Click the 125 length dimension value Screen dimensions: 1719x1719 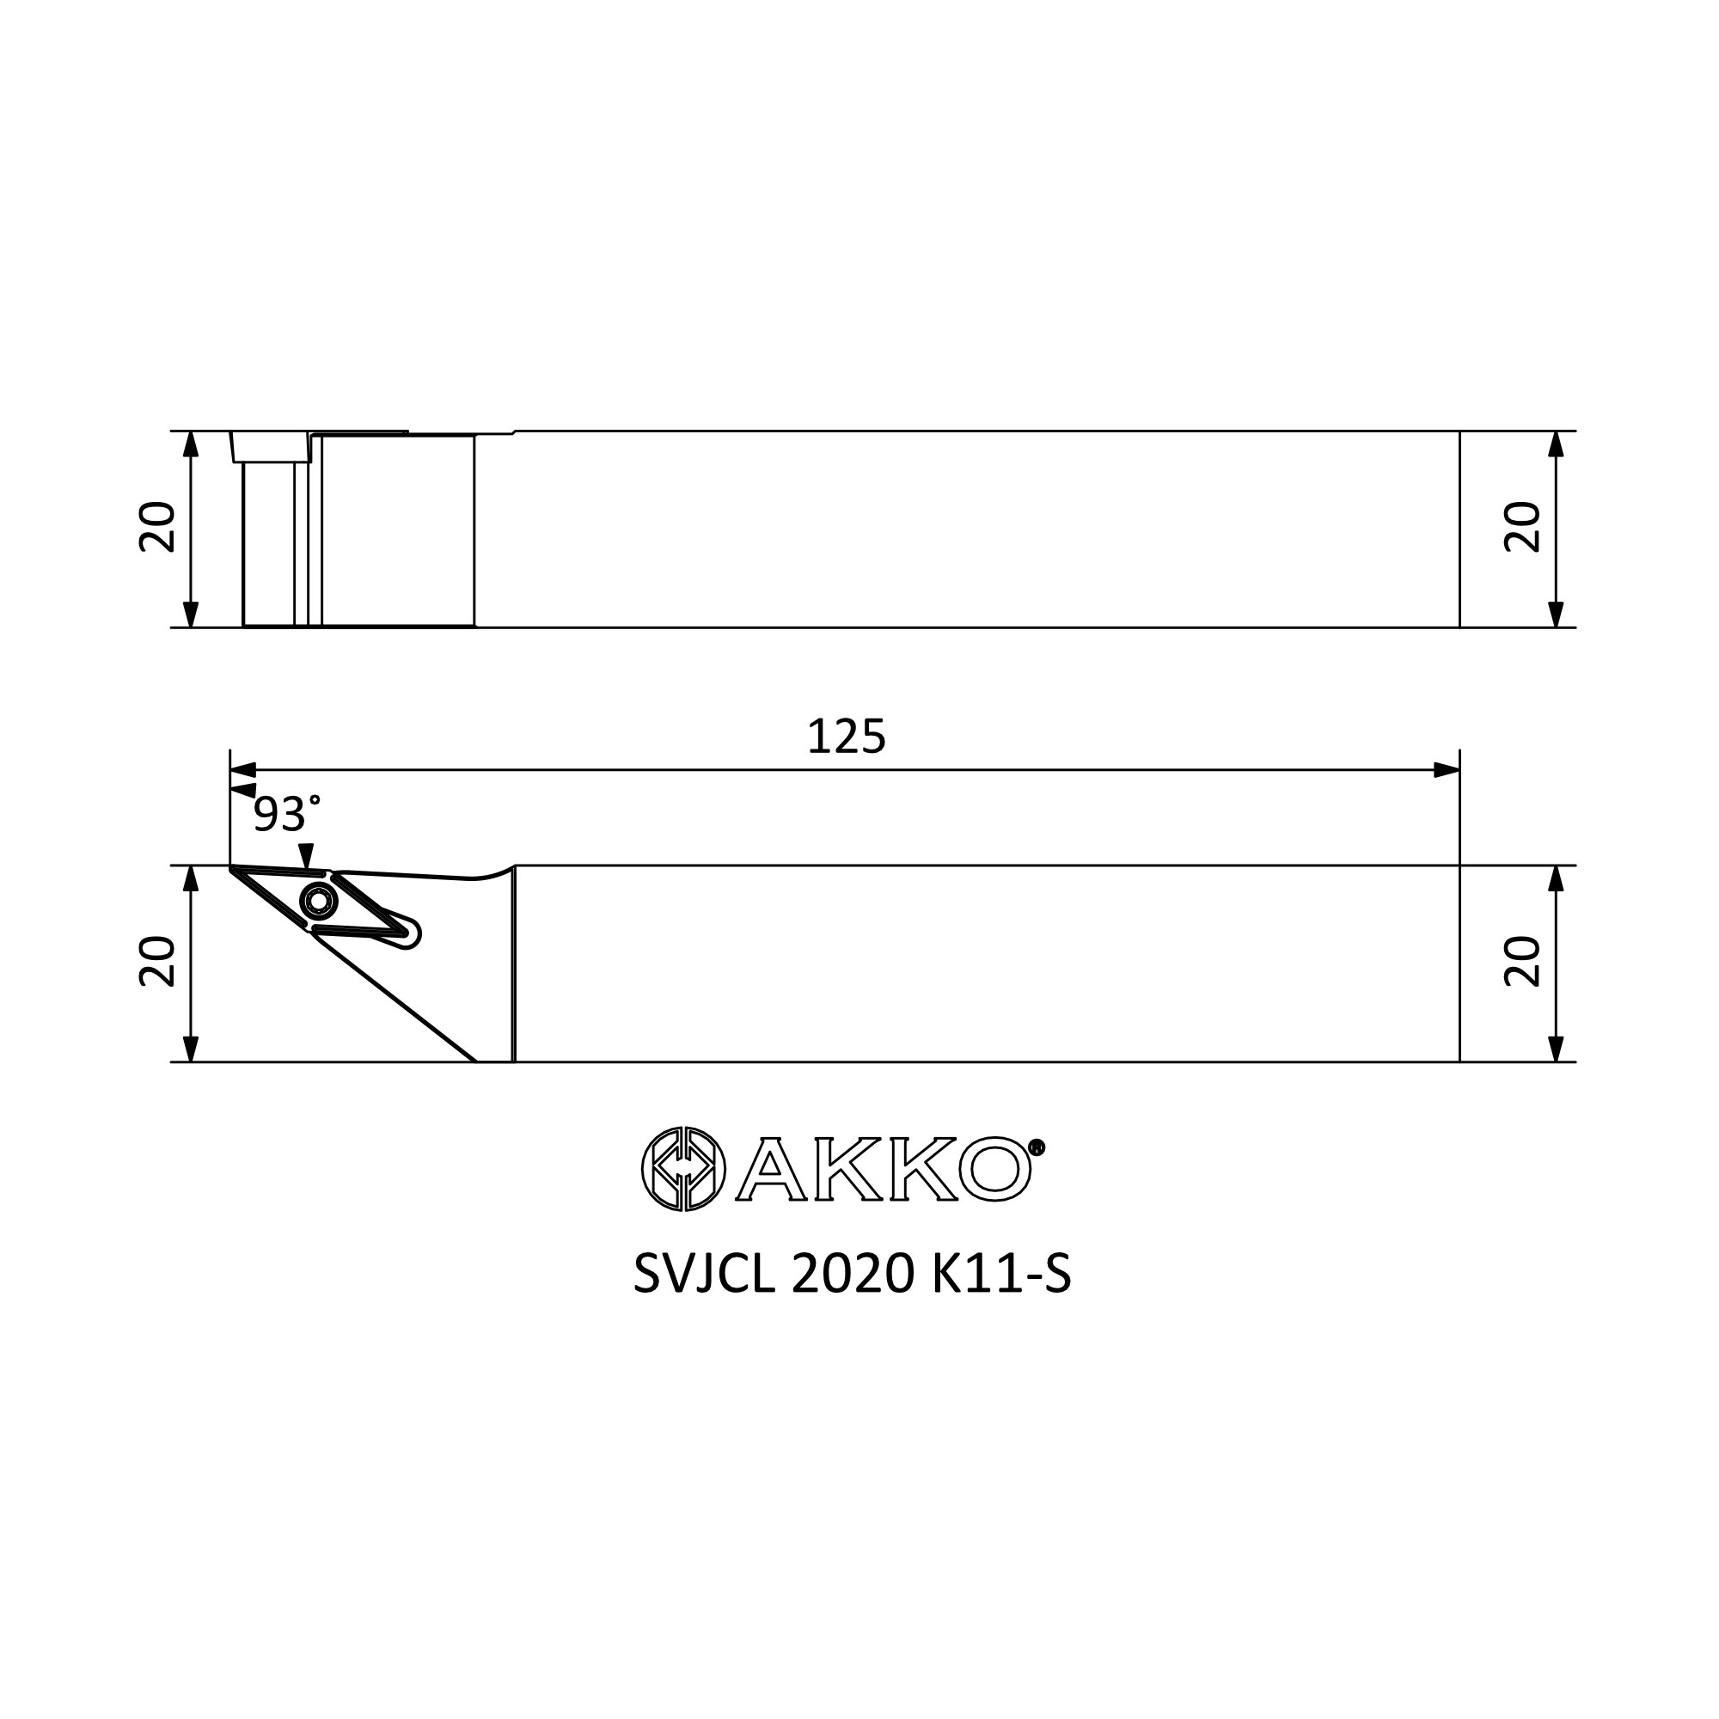click(x=846, y=737)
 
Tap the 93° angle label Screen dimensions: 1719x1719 click(x=286, y=813)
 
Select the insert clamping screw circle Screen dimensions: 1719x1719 click(x=318, y=902)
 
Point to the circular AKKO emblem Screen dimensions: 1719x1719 click(x=683, y=1169)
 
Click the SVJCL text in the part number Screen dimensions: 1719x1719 click(x=706, y=1275)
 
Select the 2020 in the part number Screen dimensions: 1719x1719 click(x=853, y=1275)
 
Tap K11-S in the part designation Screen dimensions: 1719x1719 click(x=1001, y=1275)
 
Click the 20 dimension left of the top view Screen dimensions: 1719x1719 click(x=157, y=528)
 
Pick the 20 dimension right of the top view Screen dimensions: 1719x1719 click(x=1522, y=528)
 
